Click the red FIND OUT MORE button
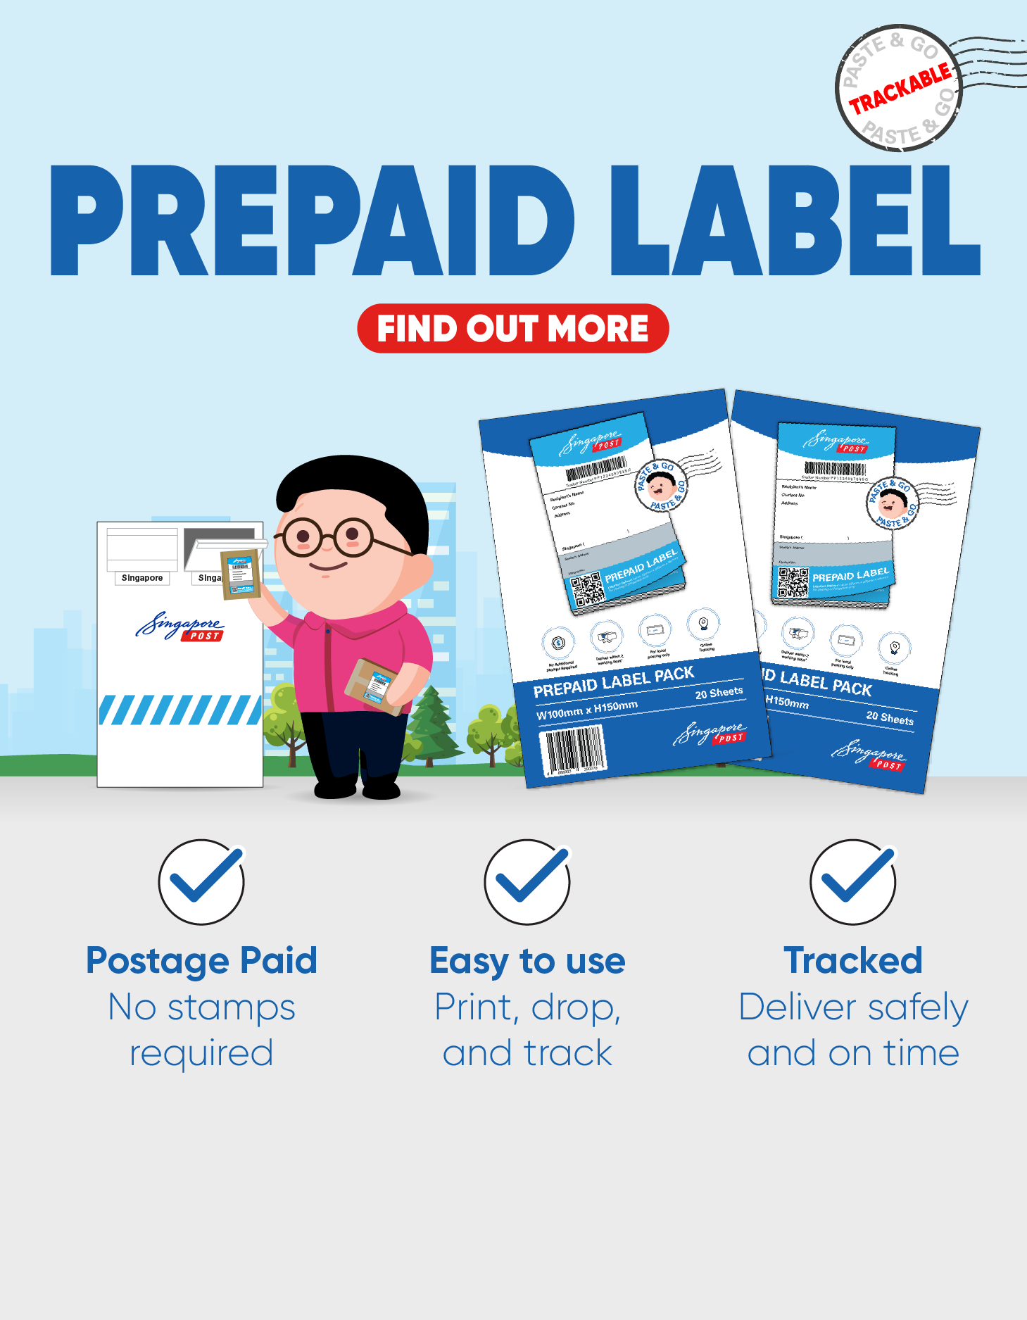click(x=512, y=328)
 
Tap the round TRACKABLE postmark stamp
click(x=898, y=89)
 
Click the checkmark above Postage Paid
click(x=201, y=881)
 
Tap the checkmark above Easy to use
click(x=527, y=881)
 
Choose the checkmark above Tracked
click(x=853, y=881)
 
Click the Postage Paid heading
click(x=201, y=961)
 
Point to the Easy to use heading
click(x=527, y=961)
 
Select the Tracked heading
click(x=853, y=961)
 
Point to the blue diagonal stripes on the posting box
click(x=180, y=710)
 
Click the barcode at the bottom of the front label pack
click(x=573, y=750)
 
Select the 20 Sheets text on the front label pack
click(x=719, y=693)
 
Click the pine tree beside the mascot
click(x=431, y=725)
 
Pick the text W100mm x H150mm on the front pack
click(x=586, y=710)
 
